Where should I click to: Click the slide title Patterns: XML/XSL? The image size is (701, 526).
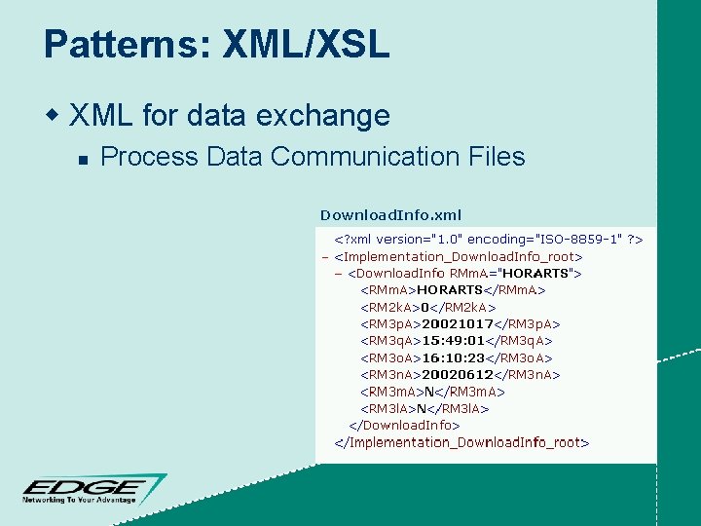click(x=216, y=46)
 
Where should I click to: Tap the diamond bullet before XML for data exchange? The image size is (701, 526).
click(x=55, y=116)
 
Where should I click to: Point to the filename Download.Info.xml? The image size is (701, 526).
click(x=390, y=214)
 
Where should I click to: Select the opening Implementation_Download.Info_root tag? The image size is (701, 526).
click(x=458, y=256)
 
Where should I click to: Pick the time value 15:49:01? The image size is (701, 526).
click(x=453, y=340)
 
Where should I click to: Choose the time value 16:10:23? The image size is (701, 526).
click(x=453, y=357)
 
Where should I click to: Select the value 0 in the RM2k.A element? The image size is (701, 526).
click(x=425, y=307)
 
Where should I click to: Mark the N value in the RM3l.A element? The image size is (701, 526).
click(x=423, y=408)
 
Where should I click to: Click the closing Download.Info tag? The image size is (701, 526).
click(x=404, y=425)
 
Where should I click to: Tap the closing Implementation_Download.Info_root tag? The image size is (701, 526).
click(x=461, y=442)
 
